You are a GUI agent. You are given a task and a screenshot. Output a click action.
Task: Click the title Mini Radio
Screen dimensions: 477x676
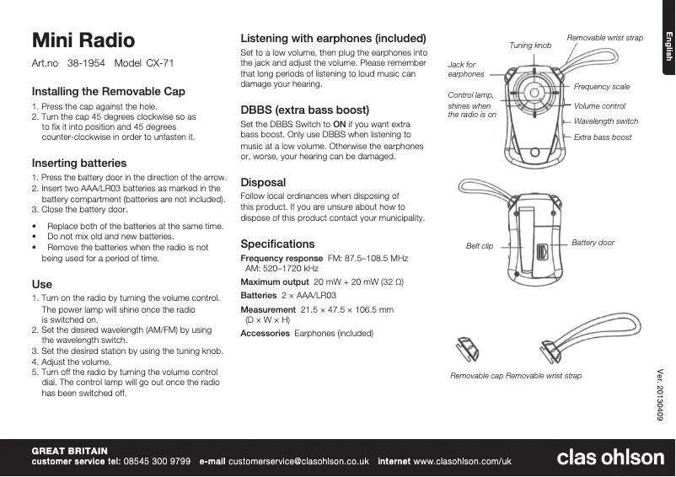coord(83,40)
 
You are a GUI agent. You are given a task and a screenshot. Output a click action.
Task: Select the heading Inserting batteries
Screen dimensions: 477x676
coord(79,163)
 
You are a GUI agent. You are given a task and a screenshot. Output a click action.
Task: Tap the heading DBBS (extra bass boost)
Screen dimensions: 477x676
coord(305,110)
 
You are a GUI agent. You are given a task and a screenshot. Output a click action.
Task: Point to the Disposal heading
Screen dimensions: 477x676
coord(263,182)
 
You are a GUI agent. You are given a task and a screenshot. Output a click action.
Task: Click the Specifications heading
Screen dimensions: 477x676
coord(277,244)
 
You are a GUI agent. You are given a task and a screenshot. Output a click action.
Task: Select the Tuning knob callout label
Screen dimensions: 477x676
coord(530,45)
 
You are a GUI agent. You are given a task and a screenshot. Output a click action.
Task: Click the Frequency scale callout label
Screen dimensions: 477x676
coord(601,87)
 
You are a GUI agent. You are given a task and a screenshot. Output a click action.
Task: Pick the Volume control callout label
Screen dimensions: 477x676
coord(599,106)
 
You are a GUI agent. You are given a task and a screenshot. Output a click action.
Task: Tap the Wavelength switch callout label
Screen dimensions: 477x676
coord(605,121)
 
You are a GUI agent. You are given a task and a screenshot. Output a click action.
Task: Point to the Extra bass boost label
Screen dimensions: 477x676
coord(602,137)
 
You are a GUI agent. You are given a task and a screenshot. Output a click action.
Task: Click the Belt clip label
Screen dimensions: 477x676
coord(480,246)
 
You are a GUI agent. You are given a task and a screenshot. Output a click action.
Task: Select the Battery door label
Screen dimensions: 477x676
coord(593,243)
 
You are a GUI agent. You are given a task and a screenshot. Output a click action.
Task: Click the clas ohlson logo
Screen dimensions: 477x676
coord(610,457)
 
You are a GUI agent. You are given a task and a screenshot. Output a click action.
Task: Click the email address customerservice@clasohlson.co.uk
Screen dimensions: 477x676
coord(299,462)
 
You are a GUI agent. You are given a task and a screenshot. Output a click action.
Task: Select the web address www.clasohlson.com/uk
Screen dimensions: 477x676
coord(463,462)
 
